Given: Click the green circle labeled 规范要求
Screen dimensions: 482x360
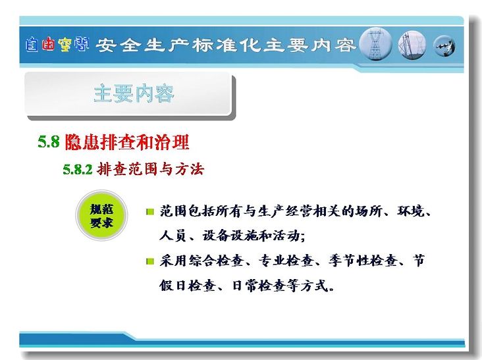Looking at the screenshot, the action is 101,215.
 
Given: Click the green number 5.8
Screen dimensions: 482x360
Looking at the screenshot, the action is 49,141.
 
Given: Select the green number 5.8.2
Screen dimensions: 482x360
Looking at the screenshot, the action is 78,169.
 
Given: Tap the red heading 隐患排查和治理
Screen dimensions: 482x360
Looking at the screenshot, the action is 127,142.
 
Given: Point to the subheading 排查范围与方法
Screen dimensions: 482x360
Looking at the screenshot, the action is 150,169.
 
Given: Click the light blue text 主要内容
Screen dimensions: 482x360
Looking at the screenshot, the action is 134,93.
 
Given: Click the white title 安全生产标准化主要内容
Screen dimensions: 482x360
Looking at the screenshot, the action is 225,45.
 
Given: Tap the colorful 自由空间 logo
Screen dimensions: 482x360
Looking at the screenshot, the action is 57,45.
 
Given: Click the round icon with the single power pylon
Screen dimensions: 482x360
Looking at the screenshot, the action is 375,44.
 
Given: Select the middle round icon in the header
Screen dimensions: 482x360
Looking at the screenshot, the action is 412,45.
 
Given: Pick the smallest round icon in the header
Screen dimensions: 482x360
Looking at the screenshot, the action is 444,46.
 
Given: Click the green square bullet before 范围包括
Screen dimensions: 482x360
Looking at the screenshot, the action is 150,212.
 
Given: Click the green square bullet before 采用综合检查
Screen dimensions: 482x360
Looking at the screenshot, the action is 150,261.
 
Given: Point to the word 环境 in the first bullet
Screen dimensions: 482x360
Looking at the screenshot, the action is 410,211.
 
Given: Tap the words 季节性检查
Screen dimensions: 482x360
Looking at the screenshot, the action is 363,261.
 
